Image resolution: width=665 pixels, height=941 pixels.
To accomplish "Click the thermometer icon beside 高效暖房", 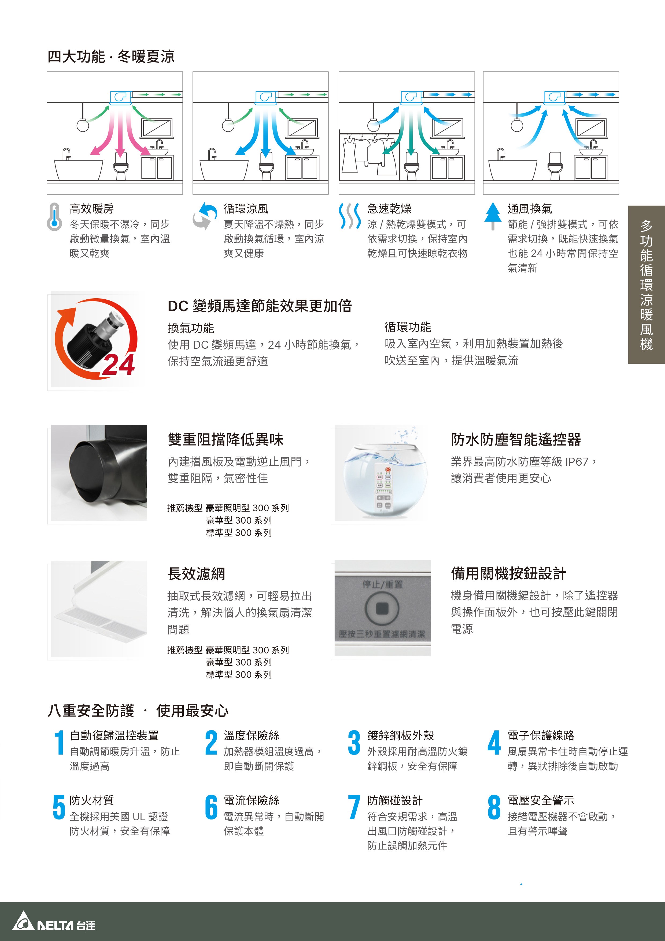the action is click(54, 216).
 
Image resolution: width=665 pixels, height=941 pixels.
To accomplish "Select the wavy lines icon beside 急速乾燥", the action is click(349, 216).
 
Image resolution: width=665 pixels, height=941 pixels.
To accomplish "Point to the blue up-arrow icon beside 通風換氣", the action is click(493, 216).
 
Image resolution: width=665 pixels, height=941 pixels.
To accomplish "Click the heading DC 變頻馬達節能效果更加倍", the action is click(260, 306).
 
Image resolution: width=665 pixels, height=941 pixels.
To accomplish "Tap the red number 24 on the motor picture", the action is click(119, 364).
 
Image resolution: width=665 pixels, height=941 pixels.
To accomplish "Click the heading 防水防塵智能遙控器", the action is click(516, 439).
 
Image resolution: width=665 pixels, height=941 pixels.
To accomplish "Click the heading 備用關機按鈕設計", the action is click(508, 573).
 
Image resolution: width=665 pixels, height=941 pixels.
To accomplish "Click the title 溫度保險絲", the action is click(252, 735).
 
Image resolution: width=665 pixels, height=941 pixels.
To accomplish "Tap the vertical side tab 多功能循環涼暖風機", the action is click(646, 284).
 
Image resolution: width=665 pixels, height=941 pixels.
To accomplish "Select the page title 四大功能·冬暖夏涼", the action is click(111, 56).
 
